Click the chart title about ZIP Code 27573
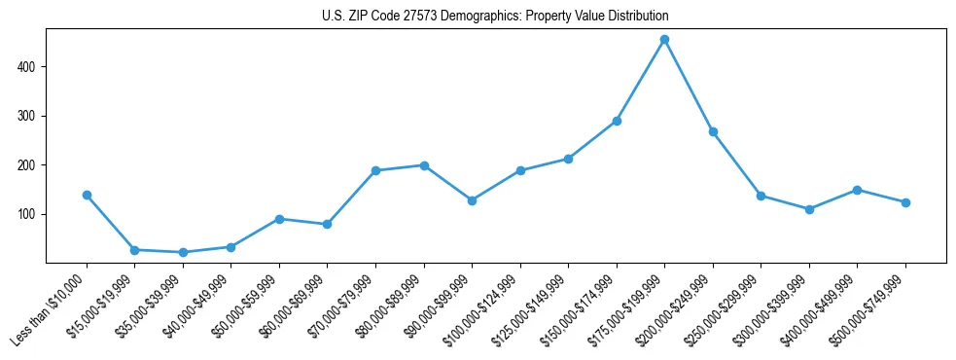495,17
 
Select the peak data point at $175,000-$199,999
664,40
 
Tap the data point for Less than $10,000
87,195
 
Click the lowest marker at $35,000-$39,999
183,252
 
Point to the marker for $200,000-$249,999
713,131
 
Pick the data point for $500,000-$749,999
905,202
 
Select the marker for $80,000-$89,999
424,165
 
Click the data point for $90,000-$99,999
472,200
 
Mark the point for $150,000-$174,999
617,121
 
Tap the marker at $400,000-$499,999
857,190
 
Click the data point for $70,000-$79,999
375,170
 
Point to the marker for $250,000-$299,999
761,196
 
